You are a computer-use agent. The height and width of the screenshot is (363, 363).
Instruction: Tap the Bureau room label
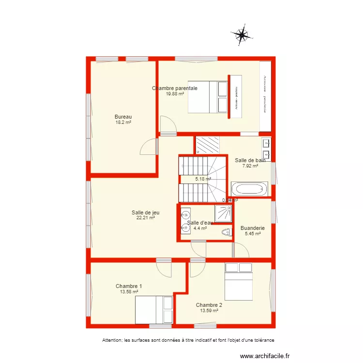coord(123,117)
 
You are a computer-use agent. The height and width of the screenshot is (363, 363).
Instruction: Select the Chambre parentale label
coord(175,88)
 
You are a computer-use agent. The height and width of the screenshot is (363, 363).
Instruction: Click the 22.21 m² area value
coord(146,218)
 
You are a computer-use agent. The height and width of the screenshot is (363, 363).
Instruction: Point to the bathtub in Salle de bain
coord(249,189)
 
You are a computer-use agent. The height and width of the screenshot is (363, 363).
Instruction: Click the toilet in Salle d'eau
coord(225,233)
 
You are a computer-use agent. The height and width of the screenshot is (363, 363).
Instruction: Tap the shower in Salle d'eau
coord(223,213)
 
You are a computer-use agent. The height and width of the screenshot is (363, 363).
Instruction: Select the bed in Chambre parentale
coord(208,97)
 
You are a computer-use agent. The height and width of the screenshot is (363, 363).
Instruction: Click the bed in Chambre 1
coord(154,309)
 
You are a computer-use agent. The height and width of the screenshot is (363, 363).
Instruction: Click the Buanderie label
coord(253,228)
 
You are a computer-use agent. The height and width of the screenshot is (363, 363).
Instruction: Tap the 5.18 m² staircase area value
coord(203,179)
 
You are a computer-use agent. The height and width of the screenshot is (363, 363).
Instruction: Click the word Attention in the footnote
coord(112,340)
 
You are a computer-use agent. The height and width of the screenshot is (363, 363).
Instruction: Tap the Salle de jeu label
coord(146,212)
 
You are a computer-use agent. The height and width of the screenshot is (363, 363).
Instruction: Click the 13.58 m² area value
coord(129,292)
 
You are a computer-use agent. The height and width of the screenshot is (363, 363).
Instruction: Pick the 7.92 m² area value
coord(250,166)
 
